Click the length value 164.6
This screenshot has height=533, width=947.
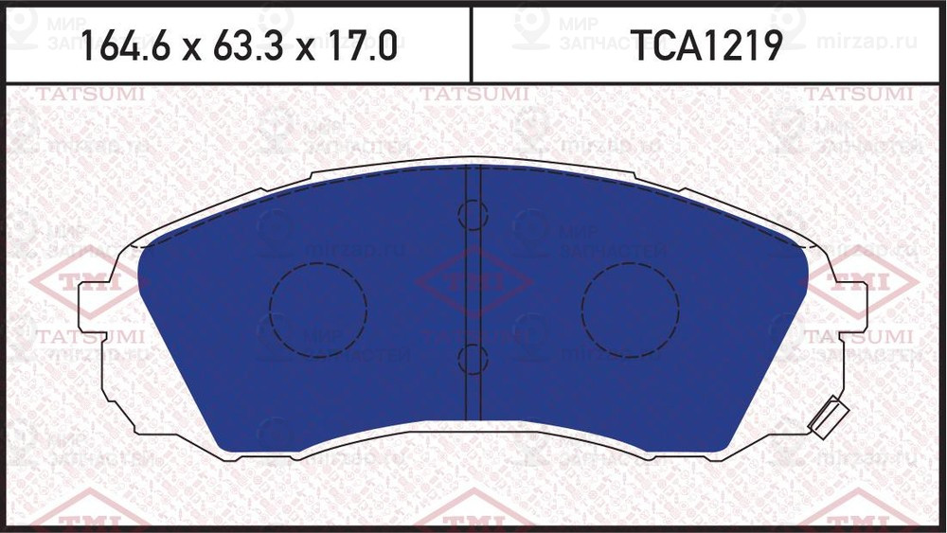point(124,44)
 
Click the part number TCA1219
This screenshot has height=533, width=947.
point(707,44)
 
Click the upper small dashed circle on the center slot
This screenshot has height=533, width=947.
point(471,216)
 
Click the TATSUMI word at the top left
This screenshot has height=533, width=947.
point(90,95)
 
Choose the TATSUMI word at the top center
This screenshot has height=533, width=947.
point(473,95)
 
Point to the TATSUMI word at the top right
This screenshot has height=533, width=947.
point(858,95)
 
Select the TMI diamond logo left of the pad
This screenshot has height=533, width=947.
point(80,281)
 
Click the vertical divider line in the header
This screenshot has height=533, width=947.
point(471,44)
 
